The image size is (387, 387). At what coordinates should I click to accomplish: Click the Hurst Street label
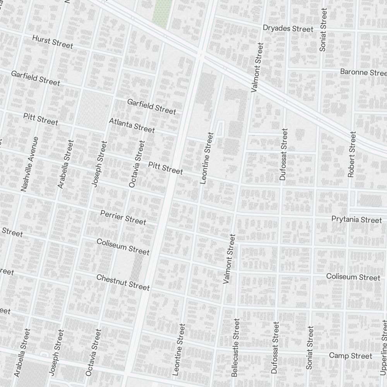[53, 42]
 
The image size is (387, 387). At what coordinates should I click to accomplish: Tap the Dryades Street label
[288, 29]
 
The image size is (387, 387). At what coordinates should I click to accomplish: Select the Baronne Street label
[363, 72]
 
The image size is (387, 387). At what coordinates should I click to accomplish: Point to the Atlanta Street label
[132, 125]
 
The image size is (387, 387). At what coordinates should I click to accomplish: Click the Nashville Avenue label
[30, 164]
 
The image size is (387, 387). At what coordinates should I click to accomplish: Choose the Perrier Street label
[123, 217]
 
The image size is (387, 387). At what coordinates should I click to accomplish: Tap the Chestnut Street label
[123, 283]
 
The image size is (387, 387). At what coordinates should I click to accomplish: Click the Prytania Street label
[356, 219]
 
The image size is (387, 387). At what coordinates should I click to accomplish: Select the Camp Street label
[350, 356]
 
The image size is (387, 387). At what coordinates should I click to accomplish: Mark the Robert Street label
[351, 154]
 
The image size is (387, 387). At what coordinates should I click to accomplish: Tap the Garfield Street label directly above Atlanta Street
[152, 106]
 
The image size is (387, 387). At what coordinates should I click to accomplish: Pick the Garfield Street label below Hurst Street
[36, 78]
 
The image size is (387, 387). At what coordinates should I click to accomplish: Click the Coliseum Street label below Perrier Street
[123, 247]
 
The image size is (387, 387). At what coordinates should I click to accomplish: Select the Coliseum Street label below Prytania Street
[353, 277]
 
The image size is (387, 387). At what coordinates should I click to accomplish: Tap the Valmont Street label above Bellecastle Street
[229, 259]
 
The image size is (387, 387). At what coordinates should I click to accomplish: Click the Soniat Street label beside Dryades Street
[323, 30]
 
